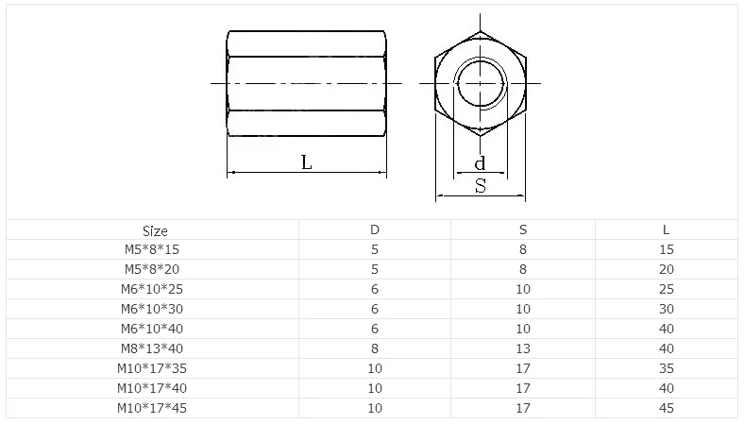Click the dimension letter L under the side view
point(306,161)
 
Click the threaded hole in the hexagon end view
point(480,83)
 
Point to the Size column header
point(155,230)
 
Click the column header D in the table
point(375,230)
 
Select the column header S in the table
point(523,230)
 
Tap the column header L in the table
point(666,230)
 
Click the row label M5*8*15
point(151,249)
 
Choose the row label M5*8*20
point(151,269)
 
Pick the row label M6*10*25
point(151,289)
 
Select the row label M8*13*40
point(151,348)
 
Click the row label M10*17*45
point(151,408)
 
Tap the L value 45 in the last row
point(667,408)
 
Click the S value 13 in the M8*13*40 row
point(523,348)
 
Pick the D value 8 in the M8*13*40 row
point(375,348)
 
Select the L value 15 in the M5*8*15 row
point(667,249)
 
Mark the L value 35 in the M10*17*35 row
point(667,368)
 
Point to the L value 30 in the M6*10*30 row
point(667,309)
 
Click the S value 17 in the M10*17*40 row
point(523,388)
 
